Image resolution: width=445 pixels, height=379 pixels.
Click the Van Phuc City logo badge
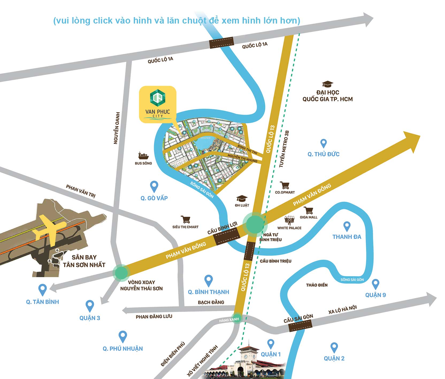coord(158,104)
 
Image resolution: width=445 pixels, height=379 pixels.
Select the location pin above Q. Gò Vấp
coord(154,186)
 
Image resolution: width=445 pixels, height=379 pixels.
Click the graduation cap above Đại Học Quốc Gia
coord(327,84)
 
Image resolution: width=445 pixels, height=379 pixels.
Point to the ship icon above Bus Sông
coord(143,156)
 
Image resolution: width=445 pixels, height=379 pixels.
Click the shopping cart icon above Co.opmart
coord(285,185)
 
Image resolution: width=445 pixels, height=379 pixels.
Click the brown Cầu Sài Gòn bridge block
coord(301,326)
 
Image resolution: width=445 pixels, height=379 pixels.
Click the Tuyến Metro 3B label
coord(284,149)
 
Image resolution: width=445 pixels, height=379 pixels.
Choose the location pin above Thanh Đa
coord(347,226)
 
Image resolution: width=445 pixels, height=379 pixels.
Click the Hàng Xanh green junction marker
coord(237,319)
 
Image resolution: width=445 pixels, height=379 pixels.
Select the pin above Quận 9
coord(375,284)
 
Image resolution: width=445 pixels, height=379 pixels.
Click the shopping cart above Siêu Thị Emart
coord(186,219)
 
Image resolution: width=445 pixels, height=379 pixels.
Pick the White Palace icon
coord(289,221)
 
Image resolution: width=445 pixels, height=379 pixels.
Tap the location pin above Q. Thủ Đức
coord(323,143)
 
